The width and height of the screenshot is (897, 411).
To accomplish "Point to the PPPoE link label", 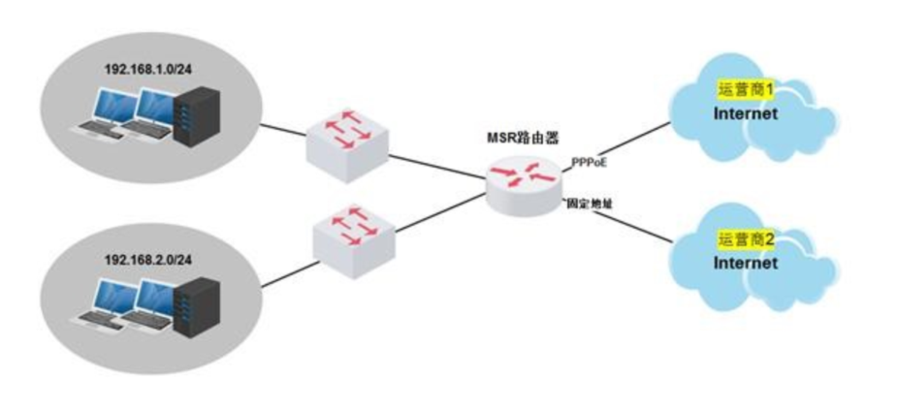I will [x=590, y=163].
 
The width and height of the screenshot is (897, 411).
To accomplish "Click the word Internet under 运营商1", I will [x=746, y=113].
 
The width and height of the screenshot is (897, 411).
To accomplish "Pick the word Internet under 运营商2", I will [x=746, y=263].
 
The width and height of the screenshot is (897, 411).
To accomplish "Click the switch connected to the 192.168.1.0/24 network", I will [x=346, y=143].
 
